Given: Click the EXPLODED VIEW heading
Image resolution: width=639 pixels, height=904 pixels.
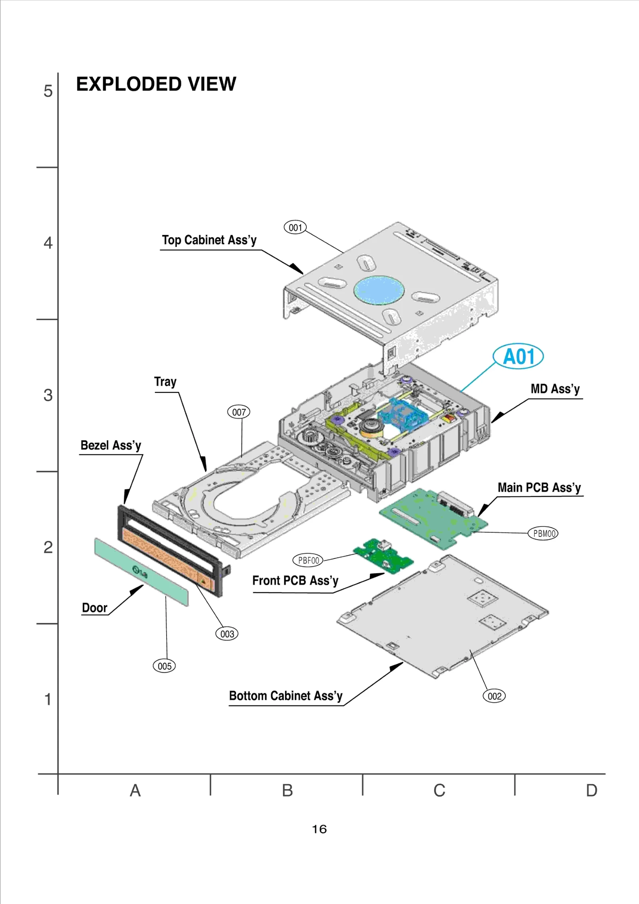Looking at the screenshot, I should [x=156, y=84].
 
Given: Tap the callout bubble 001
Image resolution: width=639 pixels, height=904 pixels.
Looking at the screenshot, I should [x=295, y=228].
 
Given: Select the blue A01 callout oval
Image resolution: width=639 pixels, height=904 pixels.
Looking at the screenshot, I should [x=518, y=356].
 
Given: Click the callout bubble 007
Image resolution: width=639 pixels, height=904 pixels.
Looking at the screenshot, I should [x=239, y=412].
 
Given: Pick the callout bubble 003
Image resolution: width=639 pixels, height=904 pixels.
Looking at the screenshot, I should [x=227, y=634].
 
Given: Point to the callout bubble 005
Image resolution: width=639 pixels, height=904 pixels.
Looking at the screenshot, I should [x=164, y=666].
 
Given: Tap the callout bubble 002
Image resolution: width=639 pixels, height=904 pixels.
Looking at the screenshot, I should [x=494, y=696].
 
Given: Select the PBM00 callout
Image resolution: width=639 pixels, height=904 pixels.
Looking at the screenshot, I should [x=543, y=533].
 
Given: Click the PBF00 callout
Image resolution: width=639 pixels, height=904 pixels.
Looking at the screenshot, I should [x=308, y=560].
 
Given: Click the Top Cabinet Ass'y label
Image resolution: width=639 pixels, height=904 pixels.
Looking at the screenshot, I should [x=209, y=240].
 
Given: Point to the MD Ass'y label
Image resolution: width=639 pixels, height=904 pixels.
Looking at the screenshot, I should [x=555, y=389].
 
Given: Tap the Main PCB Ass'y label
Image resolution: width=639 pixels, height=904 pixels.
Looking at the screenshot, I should [x=539, y=488].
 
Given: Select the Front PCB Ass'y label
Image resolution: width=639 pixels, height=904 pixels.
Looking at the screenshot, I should [x=295, y=580].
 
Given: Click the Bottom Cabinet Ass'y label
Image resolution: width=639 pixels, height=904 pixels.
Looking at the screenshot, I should [x=286, y=696].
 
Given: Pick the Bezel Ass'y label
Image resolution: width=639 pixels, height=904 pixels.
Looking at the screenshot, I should [x=111, y=445].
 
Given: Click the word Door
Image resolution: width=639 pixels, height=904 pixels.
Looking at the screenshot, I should [x=95, y=608].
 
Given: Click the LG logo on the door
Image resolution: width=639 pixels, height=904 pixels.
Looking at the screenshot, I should [x=140, y=572].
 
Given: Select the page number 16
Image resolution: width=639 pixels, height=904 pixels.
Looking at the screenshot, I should [x=319, y=829].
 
